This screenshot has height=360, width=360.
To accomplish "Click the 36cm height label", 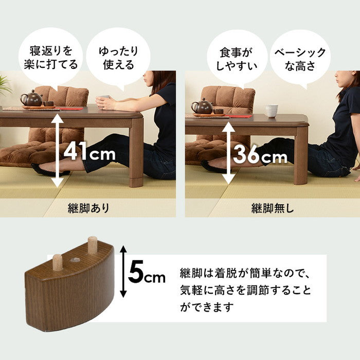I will click(x=260, y=154).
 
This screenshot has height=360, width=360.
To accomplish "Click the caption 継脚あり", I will click(x=88, y=208).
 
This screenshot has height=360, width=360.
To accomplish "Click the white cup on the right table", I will click(x=272, y=111).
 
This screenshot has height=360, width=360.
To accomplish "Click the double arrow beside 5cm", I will click(x=123, y=272).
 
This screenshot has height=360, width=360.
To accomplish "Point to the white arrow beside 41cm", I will click(x=57, y=150).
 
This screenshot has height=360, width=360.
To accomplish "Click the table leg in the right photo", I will click(x=300, y=154).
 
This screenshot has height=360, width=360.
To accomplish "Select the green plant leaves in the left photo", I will click(x=5, y=85).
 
